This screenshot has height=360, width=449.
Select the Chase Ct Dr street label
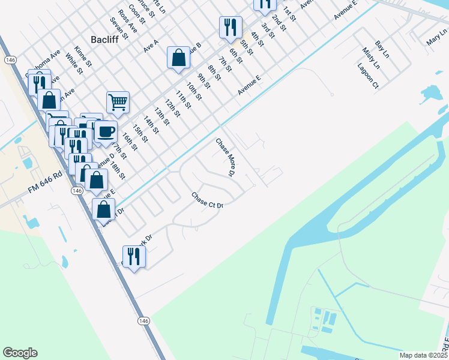point(207,200)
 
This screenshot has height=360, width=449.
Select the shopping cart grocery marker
point(118,101)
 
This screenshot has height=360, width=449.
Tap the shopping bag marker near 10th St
point(178,58)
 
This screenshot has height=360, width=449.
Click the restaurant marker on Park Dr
point(134,256)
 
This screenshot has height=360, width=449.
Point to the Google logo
point(20,353)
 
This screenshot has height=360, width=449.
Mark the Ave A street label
point(151,46)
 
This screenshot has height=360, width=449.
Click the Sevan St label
point(119,28)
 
